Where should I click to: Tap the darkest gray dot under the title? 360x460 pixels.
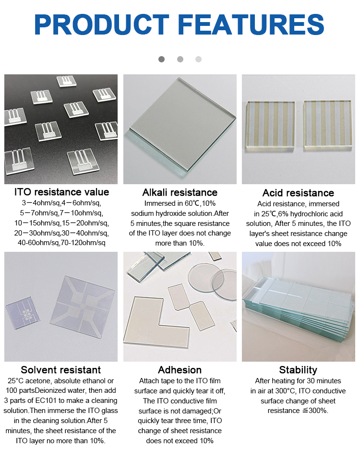coord(161,59)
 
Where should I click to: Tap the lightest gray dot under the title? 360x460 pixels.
coord(198,59)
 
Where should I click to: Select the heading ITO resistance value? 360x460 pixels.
coord(61,192)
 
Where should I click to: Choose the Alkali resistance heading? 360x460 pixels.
coord(180,192)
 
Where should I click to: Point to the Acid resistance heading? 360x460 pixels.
coord(299,193)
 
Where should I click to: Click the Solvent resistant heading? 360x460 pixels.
coord(61,370)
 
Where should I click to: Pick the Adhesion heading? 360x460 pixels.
coord(180,370)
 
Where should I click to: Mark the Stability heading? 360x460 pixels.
coord(298,370)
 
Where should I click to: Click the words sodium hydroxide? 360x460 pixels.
coord(156,213)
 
